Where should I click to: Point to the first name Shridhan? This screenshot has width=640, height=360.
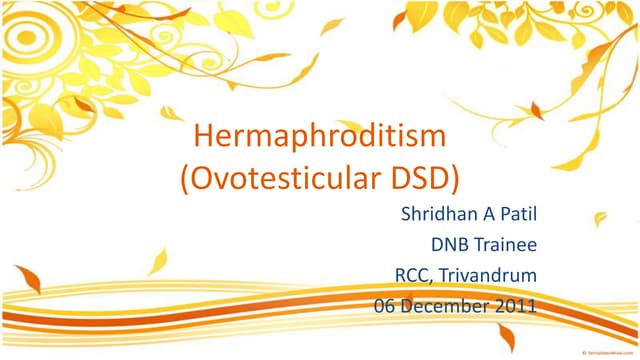click(436, 214)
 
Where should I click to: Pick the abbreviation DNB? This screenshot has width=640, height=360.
click(450, 245)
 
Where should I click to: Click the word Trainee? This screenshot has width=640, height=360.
click(506, 245)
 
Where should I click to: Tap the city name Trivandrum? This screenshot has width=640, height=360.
click(488, 276)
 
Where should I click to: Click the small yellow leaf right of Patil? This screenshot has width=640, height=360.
click(600, 217)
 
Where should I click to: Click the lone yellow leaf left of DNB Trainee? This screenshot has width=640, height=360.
click(157, 262)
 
